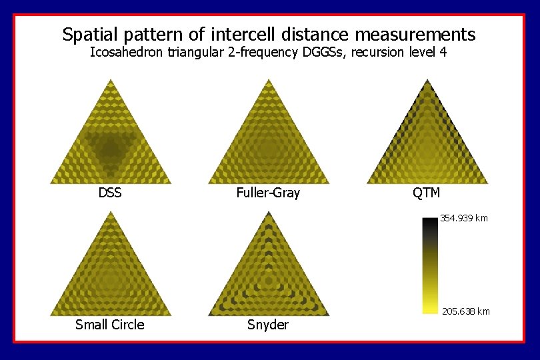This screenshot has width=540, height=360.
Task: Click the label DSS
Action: pos(110,193)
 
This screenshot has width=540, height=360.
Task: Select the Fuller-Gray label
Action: pos(268,193)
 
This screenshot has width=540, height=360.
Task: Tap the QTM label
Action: pos(426,193)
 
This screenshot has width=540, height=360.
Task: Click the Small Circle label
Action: pos(109,325)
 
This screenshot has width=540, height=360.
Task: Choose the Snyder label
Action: pos(268,325)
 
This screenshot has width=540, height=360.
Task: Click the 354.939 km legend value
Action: pos(463,218)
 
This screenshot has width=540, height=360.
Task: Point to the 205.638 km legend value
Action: pos(465,311)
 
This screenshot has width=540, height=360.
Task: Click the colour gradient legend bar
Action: pos(430,265)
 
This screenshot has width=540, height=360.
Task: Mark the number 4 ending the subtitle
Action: pos(443,52)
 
